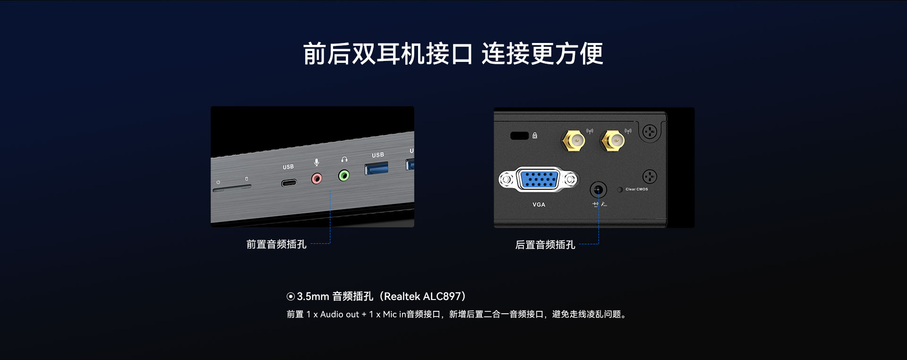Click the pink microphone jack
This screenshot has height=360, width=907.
[317, 179]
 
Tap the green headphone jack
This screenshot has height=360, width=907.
[344, 176]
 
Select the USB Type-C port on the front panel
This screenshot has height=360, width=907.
[289, 183]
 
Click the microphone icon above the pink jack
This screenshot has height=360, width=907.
[317, 163]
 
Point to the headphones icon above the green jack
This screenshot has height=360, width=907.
[344, 160]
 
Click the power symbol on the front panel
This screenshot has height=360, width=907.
[218, 182]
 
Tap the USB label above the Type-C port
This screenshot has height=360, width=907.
[288, 167]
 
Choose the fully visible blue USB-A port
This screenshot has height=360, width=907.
[376, 168]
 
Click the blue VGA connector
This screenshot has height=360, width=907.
[538, 180]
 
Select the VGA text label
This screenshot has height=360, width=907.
[539, 205]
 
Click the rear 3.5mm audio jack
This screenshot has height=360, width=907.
[598, 190]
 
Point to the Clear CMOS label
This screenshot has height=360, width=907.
[637, 189]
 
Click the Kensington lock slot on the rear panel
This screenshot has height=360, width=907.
[520, 136]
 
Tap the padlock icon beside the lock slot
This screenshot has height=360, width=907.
[535, 136]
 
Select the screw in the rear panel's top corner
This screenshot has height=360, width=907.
[650, 132]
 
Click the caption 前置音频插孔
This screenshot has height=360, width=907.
[276, 244]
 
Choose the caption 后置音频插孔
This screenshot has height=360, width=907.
[545, 245]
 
